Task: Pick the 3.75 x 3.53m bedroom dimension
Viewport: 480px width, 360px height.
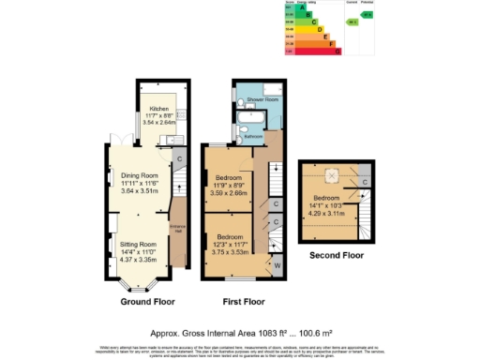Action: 231,251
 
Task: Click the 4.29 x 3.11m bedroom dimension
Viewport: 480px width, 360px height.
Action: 328,212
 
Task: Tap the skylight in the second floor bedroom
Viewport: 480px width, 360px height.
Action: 331,174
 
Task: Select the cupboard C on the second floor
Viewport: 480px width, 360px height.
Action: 362,179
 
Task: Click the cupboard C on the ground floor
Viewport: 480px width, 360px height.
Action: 179,158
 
